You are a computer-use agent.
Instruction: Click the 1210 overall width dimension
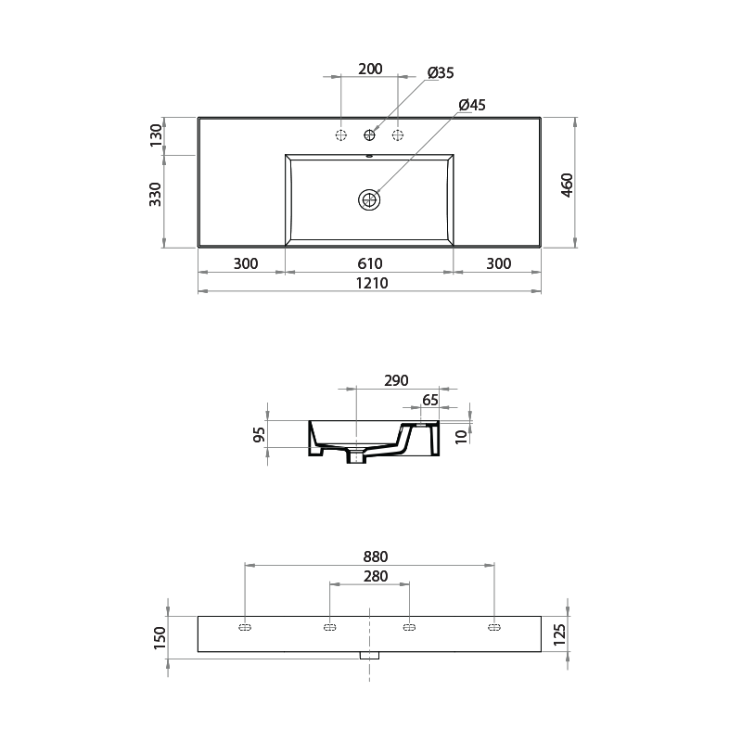pos(369,283)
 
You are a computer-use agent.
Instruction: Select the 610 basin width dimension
pos(369,264)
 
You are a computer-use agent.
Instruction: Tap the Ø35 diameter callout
pos(441,73)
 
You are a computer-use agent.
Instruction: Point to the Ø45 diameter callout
pos(472,106)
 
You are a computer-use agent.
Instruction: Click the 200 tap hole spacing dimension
pos(370,70)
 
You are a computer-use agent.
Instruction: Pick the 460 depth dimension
pos(568,184)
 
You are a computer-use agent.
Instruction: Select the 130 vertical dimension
pos(156,135)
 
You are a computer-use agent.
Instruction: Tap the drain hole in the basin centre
pos(370,199)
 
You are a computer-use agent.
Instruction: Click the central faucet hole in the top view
pos(370,135)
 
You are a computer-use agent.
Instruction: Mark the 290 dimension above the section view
pos(395,381)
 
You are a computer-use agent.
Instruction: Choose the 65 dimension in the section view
pos(429,401)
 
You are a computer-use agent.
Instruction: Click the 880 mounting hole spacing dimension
pos(375,556)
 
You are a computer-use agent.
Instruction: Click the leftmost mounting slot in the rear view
pos(245,628)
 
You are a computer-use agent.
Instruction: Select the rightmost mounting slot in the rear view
pos(493,628)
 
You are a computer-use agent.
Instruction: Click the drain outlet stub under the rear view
pos(370,655)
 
